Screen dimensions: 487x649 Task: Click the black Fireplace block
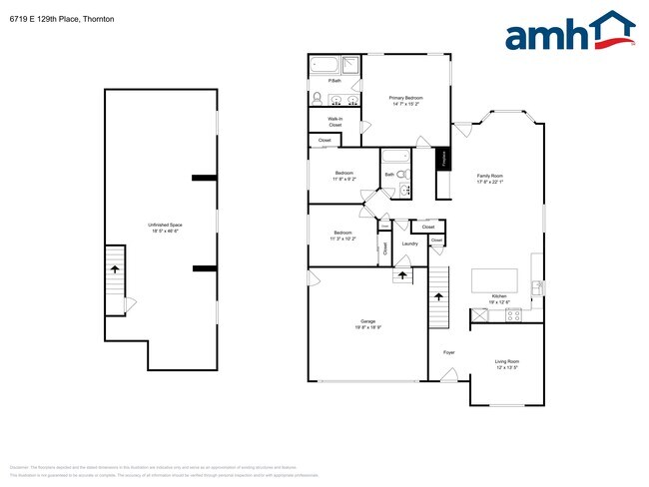click(442, 158)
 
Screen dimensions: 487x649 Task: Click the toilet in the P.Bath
click(318, 99)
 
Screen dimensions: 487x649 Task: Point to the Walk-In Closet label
click(334, 122)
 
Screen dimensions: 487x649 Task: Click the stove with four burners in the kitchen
click(513, 315)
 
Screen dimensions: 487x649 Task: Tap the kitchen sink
click(537, 287)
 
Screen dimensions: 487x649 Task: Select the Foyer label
click(449, 352)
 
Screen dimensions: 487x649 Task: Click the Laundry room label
click(408, 243)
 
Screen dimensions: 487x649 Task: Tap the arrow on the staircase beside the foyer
click(437, 296)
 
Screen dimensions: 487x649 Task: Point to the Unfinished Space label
click(165, 226)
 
